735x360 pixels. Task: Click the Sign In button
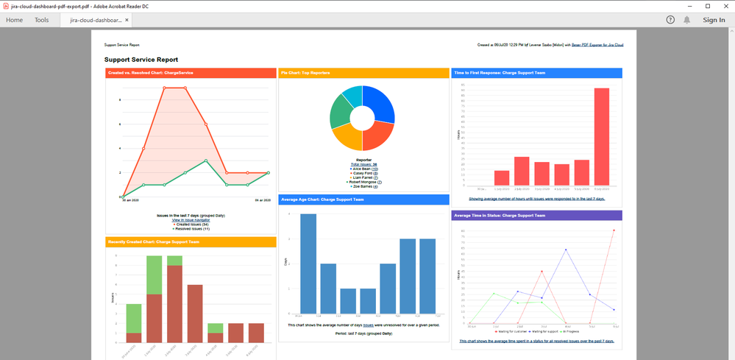tap(713, 20)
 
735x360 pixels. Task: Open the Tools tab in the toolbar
tap(42, 20)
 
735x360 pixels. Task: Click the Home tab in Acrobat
tap(14, 20)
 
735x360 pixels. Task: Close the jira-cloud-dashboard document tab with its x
tap(127, 21)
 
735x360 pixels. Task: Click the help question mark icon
tap(670, 20)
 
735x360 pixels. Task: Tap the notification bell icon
tap(687, 20)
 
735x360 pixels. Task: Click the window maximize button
tap(708, 6)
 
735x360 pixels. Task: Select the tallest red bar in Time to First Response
tap(601, 136)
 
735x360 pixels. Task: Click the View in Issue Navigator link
tap(191, 220)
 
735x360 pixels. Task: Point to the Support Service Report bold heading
tap(141, 60)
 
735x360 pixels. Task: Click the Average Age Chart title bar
tap(363, 200)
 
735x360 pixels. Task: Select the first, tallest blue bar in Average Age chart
tap(308, 262)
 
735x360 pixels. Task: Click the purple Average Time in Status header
tap(537, 216)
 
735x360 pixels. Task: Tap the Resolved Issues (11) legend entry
tap(191, 228)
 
